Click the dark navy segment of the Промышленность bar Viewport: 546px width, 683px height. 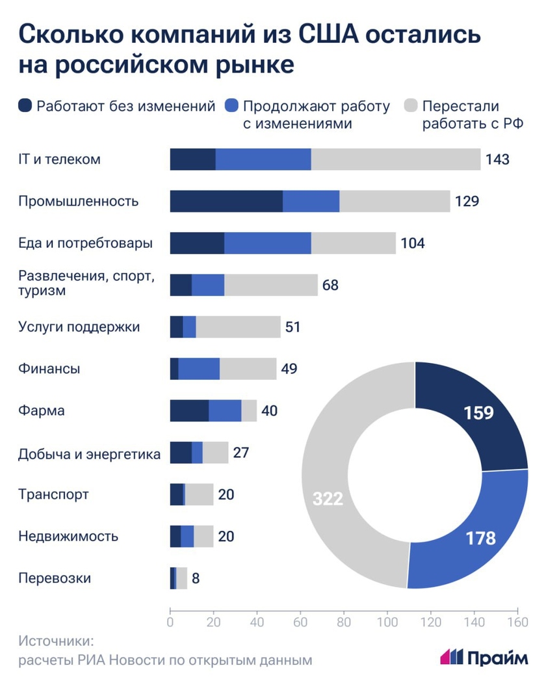(226, 202)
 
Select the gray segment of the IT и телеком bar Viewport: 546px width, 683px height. (395, 159)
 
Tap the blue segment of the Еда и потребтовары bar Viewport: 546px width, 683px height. (267, 243)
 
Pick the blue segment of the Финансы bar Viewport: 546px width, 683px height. (199, 369)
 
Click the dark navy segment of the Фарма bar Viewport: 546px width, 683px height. (189, 411)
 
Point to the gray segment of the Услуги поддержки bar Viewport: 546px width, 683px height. (238, 327)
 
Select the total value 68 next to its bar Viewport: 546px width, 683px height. (330, 285)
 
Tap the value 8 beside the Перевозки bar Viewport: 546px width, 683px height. (196, 578)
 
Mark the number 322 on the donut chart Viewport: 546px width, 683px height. (328, 499)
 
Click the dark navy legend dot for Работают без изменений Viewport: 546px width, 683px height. (25, 106)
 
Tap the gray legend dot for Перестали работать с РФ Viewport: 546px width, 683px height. (411, 106)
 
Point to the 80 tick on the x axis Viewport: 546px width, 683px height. (344, 621)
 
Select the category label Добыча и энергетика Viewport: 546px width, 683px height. (89, 453)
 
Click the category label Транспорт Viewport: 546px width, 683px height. (53, 495)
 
